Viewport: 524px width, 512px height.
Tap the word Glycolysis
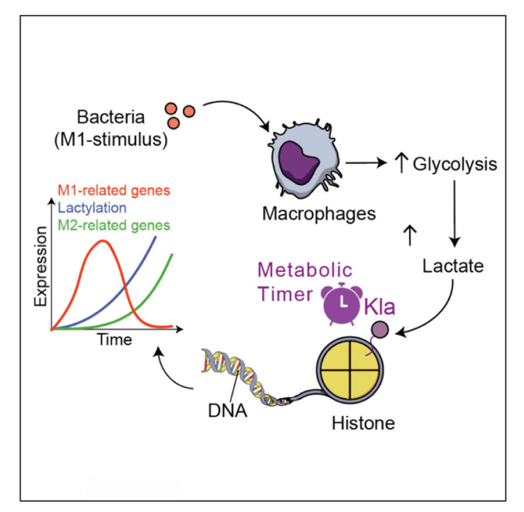point(454,164)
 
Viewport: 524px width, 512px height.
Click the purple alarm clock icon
point(343,303)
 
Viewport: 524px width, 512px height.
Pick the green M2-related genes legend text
point(115,225)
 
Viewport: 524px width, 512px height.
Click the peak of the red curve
point(103,241)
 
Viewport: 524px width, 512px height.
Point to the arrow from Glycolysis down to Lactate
point(456,210)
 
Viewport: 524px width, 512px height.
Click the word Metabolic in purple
point(305,272)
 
